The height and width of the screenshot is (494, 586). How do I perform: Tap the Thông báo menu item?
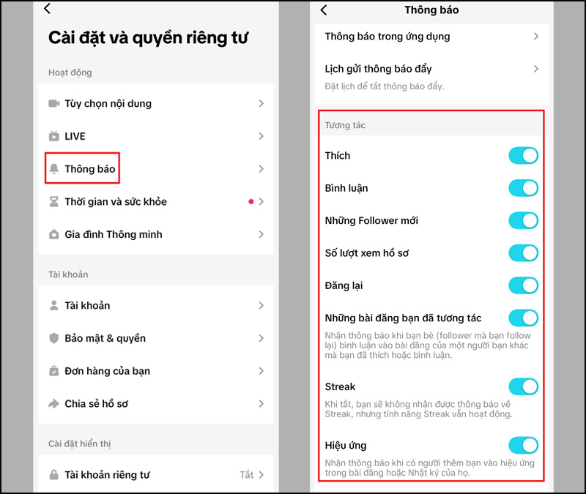click(x=89, y=169)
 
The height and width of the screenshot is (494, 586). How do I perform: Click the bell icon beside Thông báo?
click(x=53, y=169)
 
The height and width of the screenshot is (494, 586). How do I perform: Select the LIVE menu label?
click(x=75, y=136)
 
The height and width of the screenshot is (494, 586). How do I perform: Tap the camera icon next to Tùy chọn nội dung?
click(x=53, y=104)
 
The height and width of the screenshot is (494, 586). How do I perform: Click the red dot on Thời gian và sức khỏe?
click(x=251, y=201)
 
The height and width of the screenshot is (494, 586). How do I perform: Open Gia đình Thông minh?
click(x=113, y=234)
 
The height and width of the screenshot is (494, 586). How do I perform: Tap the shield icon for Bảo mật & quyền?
click(x=53, y=338)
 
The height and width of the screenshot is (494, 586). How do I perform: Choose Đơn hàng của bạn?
click(x=107, y=371)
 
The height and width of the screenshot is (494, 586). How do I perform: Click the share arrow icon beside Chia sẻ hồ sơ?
click(x=53, y=403)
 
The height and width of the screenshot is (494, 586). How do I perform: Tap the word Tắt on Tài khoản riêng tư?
click(x=247, y=475)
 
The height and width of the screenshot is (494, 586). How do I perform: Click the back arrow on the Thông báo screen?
click(x=324, y=10)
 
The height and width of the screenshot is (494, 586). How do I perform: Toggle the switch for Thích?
click(x=523, y=155)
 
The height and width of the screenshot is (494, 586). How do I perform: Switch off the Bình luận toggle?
click(x=523, y=188)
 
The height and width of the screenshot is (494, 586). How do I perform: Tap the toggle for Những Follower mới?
click(x=523, y=220)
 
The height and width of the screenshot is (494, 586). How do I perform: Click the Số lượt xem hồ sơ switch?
click(x=523, y=253)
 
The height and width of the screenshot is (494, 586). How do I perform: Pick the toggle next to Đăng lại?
click(x=523, y=285)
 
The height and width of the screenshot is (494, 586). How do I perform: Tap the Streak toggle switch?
click(x=523, y=386)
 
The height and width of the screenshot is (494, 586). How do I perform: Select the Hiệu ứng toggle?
click(x=523, y=445)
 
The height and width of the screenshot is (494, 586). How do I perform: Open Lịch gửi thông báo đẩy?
click(x=378, y=69)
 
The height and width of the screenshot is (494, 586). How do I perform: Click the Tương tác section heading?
click(x=345, y=125)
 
